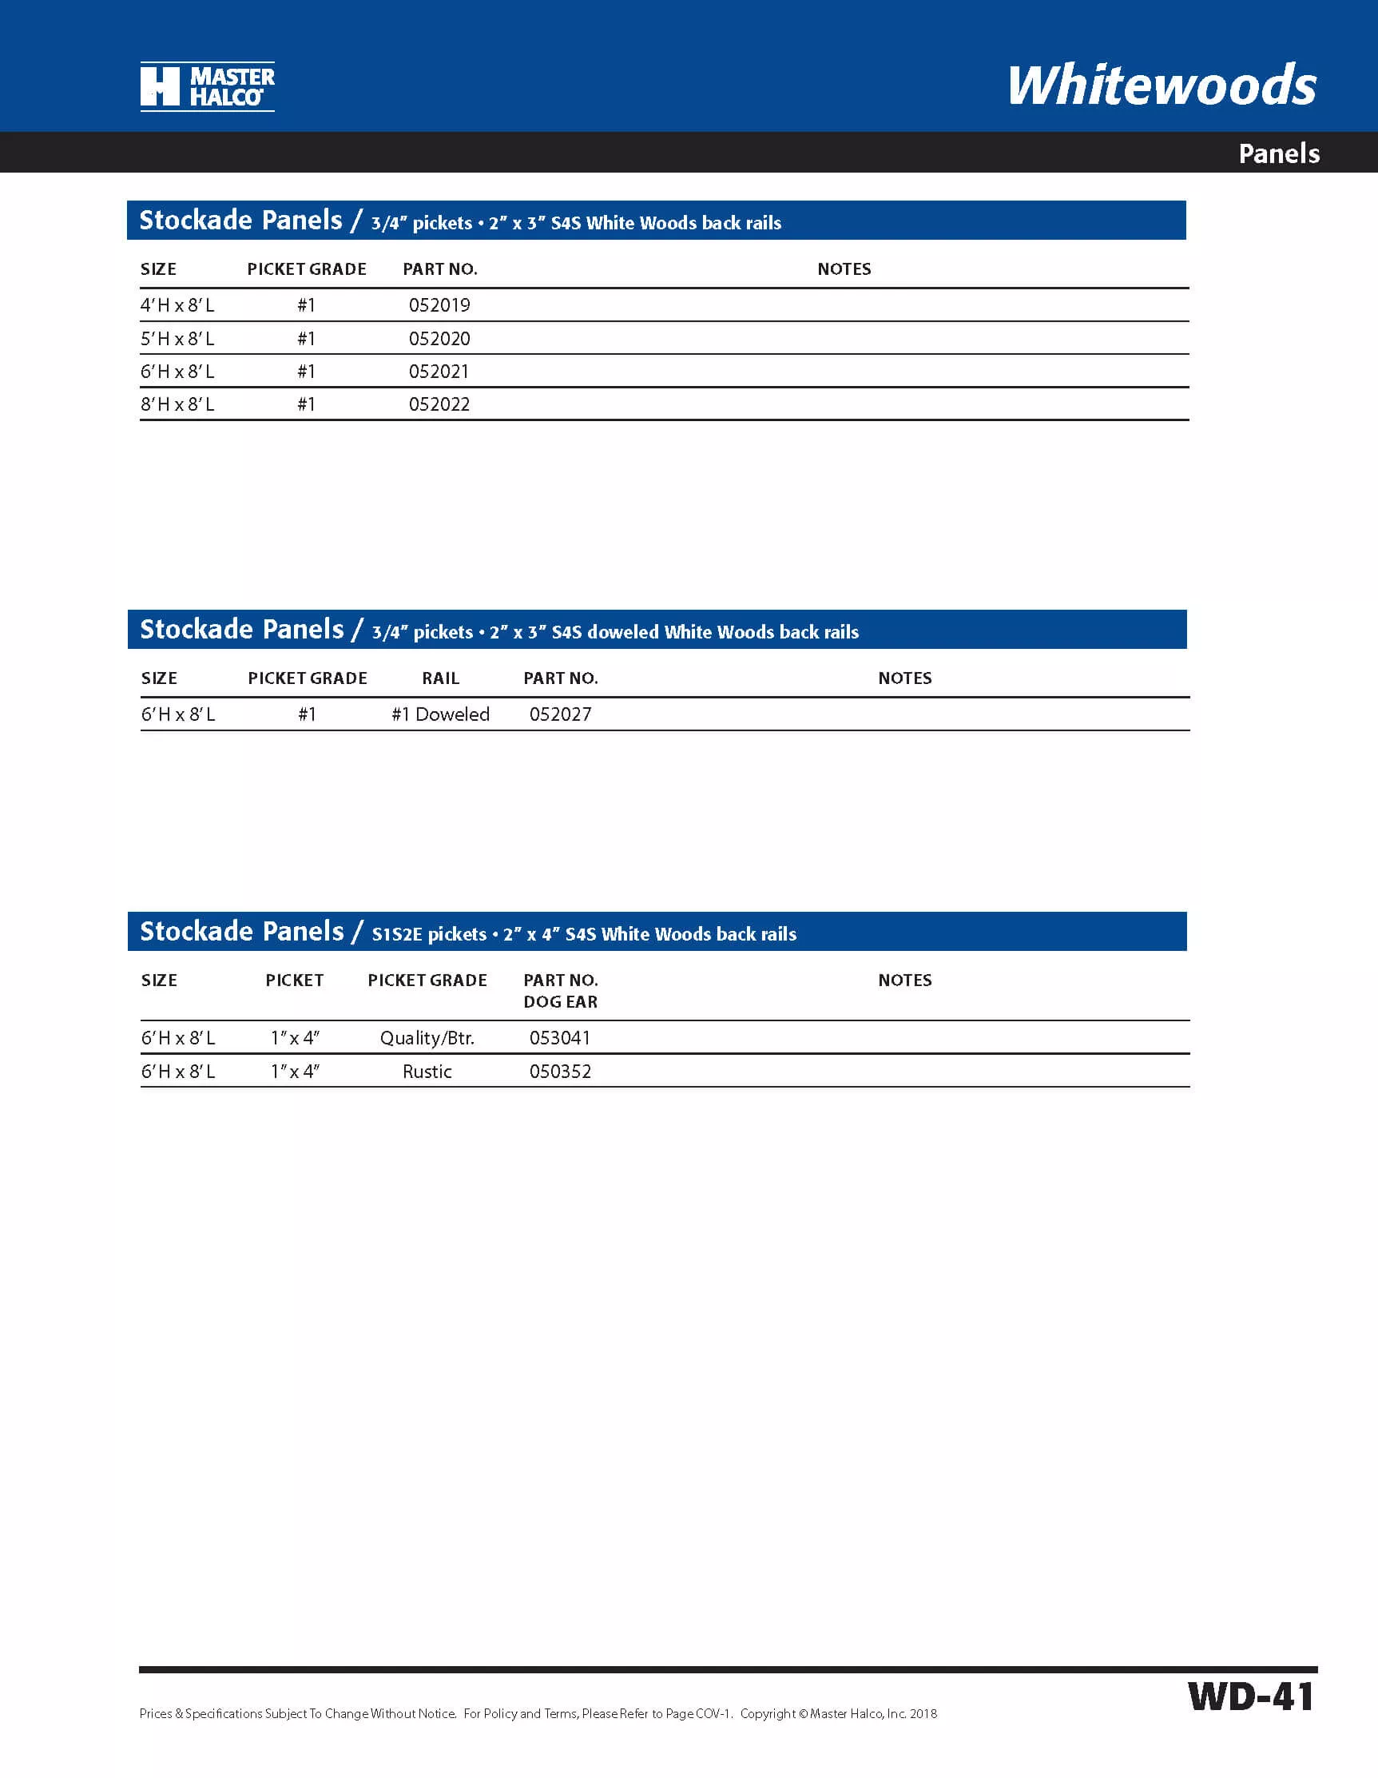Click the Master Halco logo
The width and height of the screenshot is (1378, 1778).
[207, 86]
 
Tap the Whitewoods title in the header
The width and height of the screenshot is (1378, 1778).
[1162, 86]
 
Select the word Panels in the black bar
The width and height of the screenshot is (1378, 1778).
[1278, 153]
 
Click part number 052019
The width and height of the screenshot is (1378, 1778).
[439, 305]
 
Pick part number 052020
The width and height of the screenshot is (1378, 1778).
[439, 339]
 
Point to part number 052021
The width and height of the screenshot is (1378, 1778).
[439, 372]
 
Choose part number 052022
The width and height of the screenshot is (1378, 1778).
[439, 404]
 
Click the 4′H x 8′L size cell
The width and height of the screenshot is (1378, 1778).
[177, 305]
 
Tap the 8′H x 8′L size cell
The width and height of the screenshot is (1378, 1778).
[177, 404]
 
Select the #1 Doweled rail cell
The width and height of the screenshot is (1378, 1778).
[440, 714]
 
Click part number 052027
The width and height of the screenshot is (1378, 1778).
[560, 714]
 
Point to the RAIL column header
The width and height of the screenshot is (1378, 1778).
[440, 678]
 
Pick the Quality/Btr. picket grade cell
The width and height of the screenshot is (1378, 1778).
[427, 1038]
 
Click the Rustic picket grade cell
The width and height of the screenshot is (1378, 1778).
[427, 1072]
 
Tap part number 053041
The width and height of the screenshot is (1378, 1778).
[560, 1038]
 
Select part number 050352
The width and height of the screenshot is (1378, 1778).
[560, 1072]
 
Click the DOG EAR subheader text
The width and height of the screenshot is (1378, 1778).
[560, 1002]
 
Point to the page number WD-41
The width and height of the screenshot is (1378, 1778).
[1250, 1696]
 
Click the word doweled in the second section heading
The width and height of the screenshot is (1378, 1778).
[621, 633]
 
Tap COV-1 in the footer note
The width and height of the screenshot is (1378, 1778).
[713, 1714]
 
